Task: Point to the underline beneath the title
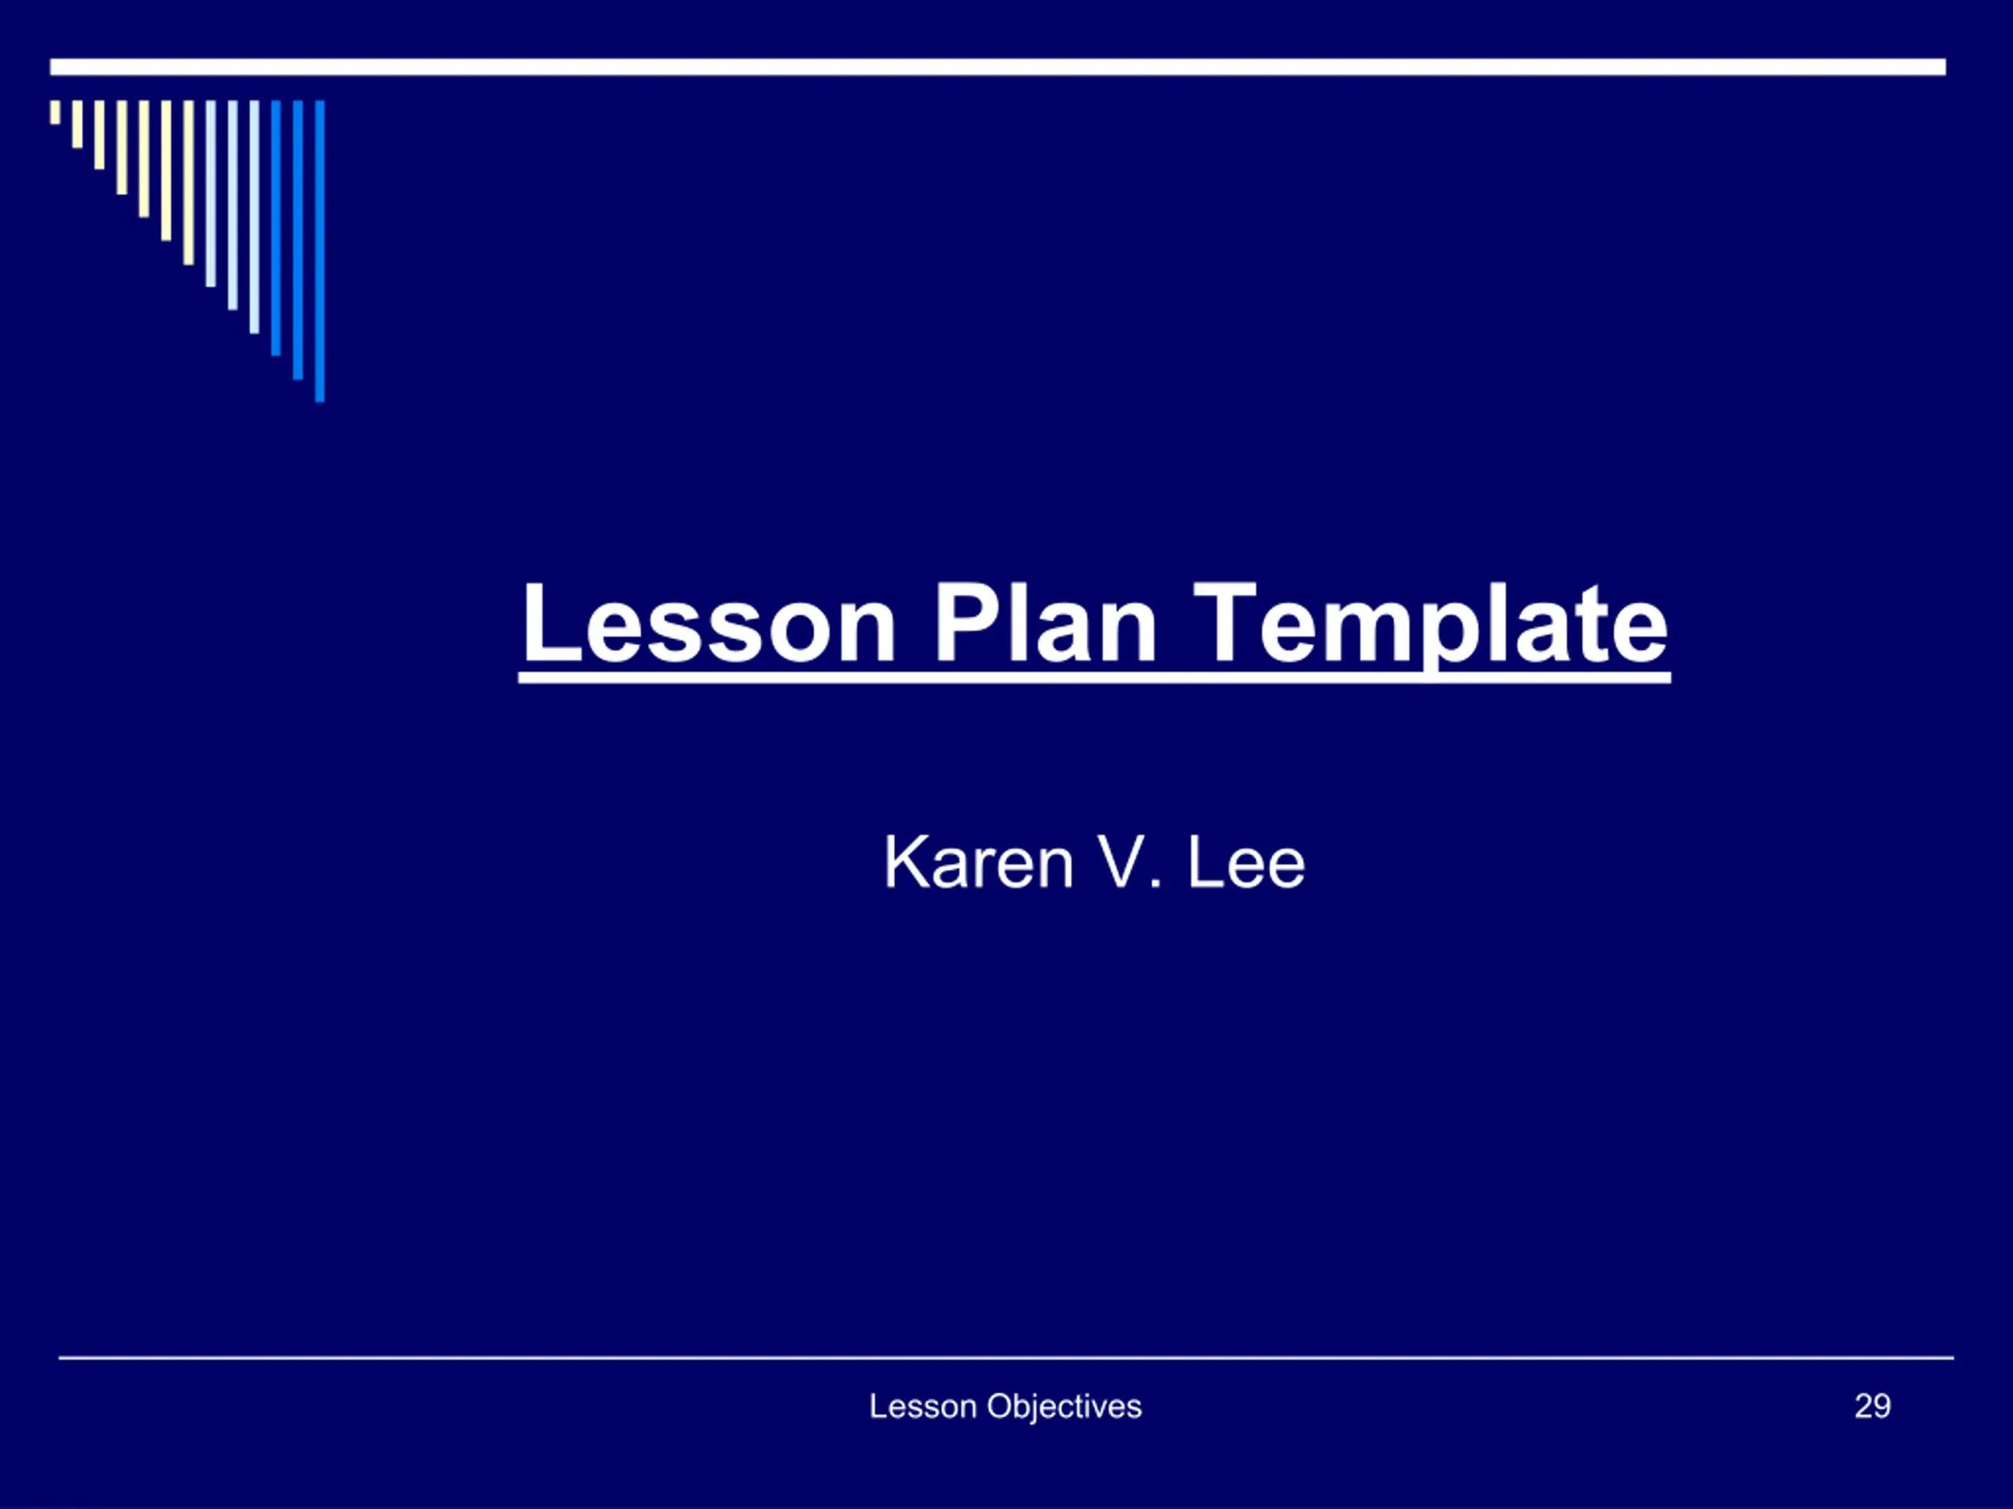click(1095, 677)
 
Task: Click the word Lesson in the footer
click(923, 1406)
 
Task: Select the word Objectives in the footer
click(1065, 1408)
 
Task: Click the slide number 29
click(1873, 1406)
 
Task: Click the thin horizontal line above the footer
click(1006, 1358)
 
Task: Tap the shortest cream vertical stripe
click(56, 112)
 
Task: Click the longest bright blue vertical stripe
click(319, 251)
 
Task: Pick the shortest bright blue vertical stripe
click(276, 227)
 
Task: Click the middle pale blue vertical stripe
click(232, 204)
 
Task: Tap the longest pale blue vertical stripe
click(254, 216)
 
